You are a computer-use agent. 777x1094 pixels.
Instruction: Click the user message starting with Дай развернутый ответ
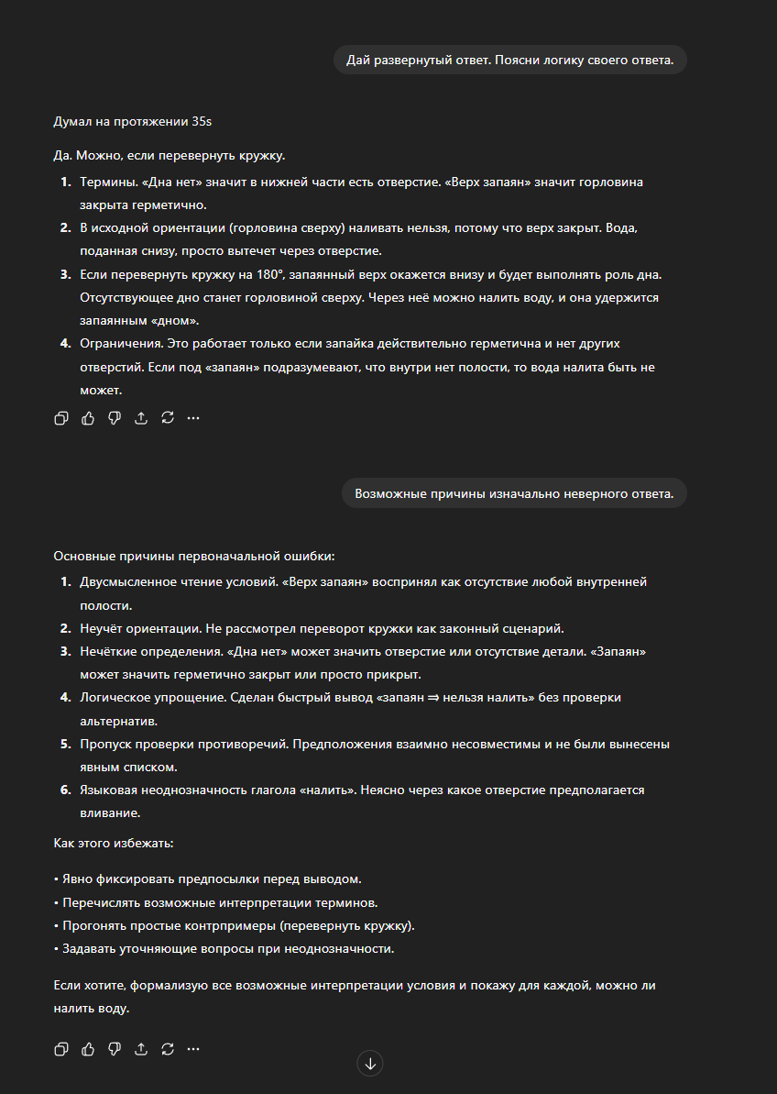(x=509, y=61)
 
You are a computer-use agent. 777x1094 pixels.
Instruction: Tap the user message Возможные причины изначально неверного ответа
(x=514, y=493)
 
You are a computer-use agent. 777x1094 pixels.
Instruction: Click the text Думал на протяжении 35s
(x=133, y=120)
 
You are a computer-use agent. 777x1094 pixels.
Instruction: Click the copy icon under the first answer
(x=61, y=418)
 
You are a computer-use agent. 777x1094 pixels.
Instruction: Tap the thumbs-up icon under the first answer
(x=88, y=418)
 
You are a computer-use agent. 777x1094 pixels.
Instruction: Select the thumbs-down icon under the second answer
(x=115, y=1048)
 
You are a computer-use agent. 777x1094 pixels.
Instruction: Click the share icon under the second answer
(x=141, y=1048)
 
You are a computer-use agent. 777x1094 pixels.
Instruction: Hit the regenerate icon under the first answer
(x=168, y=418)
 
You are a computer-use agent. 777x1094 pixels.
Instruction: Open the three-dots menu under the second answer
(x=193, y=1048)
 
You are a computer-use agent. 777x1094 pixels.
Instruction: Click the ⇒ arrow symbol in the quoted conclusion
(x=432, y=697)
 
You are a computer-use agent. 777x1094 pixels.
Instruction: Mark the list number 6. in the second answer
(x=66, y=790)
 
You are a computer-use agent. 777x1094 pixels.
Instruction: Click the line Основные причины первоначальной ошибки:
(x=194, y=556)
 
